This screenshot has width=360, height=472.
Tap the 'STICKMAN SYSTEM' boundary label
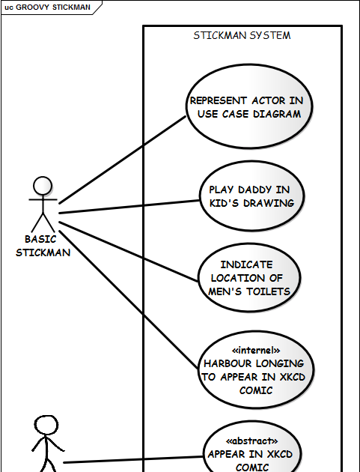tap(242, 35)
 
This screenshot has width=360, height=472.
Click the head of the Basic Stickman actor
tap(43, 186)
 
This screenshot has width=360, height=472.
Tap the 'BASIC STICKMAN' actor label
tap(43, 246)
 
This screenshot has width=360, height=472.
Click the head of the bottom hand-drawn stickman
tap(46, 426)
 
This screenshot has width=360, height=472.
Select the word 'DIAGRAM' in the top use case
tap(275, 114)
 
